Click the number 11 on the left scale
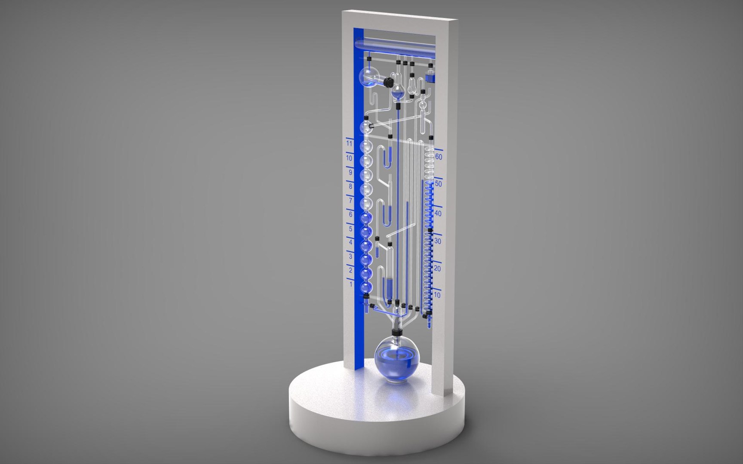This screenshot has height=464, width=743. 350,143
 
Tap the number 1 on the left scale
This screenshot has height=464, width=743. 351,284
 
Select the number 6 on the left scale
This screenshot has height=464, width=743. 350,214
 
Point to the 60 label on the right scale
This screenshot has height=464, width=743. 438,157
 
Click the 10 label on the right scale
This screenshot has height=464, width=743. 437,296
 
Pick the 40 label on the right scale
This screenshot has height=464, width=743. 438,214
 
